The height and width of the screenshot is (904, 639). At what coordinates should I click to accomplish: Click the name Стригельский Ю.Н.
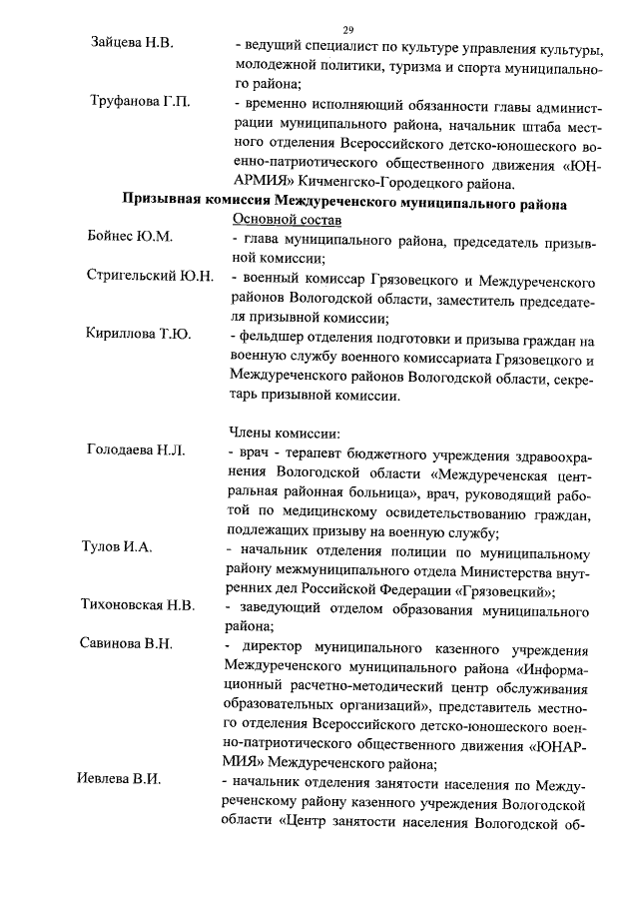click(150, 275)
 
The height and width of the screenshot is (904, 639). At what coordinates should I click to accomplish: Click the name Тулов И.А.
click(116, 546)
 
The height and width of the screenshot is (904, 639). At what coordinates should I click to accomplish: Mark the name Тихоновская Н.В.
click(138, 604)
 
